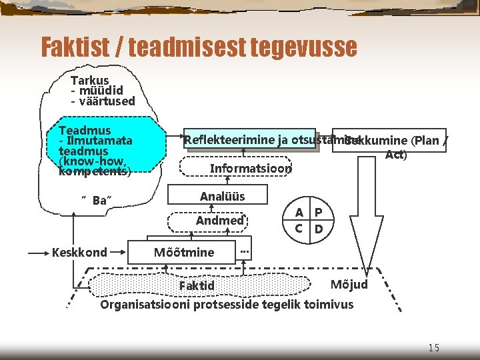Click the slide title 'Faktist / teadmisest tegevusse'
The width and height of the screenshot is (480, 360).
199,47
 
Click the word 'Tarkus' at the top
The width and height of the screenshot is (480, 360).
89,80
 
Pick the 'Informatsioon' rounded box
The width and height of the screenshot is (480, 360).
251,168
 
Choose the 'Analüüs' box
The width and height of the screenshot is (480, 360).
222,196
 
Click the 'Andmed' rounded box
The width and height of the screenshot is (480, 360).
219,220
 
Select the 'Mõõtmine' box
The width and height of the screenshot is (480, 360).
184,252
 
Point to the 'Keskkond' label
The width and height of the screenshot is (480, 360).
79,252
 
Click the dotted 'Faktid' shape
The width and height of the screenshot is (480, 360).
197,285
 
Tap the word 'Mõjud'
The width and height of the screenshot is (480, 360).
349,285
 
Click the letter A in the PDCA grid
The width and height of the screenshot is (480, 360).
299,213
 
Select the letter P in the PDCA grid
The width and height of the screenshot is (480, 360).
319,213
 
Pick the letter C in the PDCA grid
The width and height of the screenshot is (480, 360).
299,229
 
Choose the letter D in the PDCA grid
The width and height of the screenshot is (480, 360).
319,229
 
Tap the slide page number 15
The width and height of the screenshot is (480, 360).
433,347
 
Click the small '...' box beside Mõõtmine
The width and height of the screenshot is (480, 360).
245,251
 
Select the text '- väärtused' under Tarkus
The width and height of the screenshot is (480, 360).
103,101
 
